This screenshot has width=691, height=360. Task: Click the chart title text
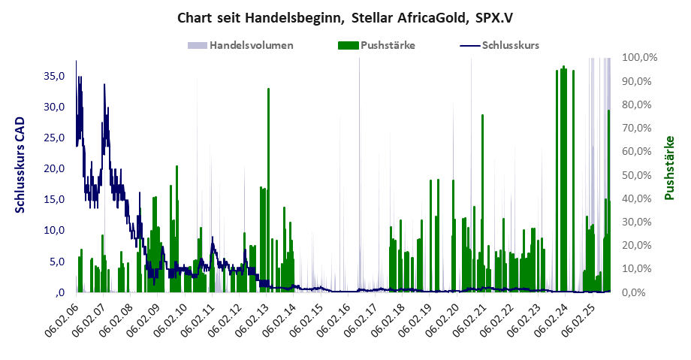(345, 17)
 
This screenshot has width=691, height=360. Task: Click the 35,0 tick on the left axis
(54, 75)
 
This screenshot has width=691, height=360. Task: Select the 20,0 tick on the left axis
(54, 168)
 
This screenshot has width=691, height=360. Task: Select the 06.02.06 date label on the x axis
(62, 321)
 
